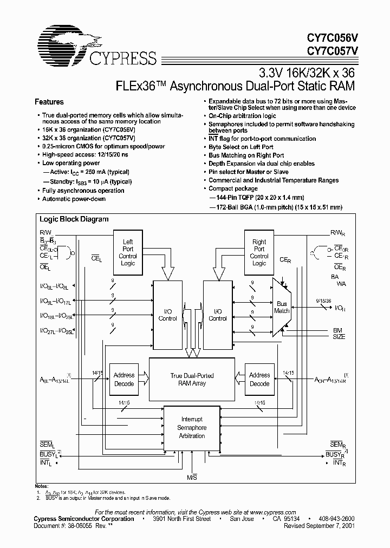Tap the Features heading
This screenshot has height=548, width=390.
tap(49, 102)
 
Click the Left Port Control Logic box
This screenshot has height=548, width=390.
tap(128, 252)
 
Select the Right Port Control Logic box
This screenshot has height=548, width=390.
tap(259, 252)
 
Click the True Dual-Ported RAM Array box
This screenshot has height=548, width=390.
tap(192, 379)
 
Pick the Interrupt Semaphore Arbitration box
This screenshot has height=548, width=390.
tap(192, 428)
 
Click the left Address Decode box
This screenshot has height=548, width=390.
tap(124, 379)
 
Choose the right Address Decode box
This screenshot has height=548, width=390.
tap(259, 379)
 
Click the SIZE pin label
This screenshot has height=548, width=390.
tap(339, 336)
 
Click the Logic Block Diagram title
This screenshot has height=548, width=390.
tap(74, 219)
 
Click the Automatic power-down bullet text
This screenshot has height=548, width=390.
tap(74, 199)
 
